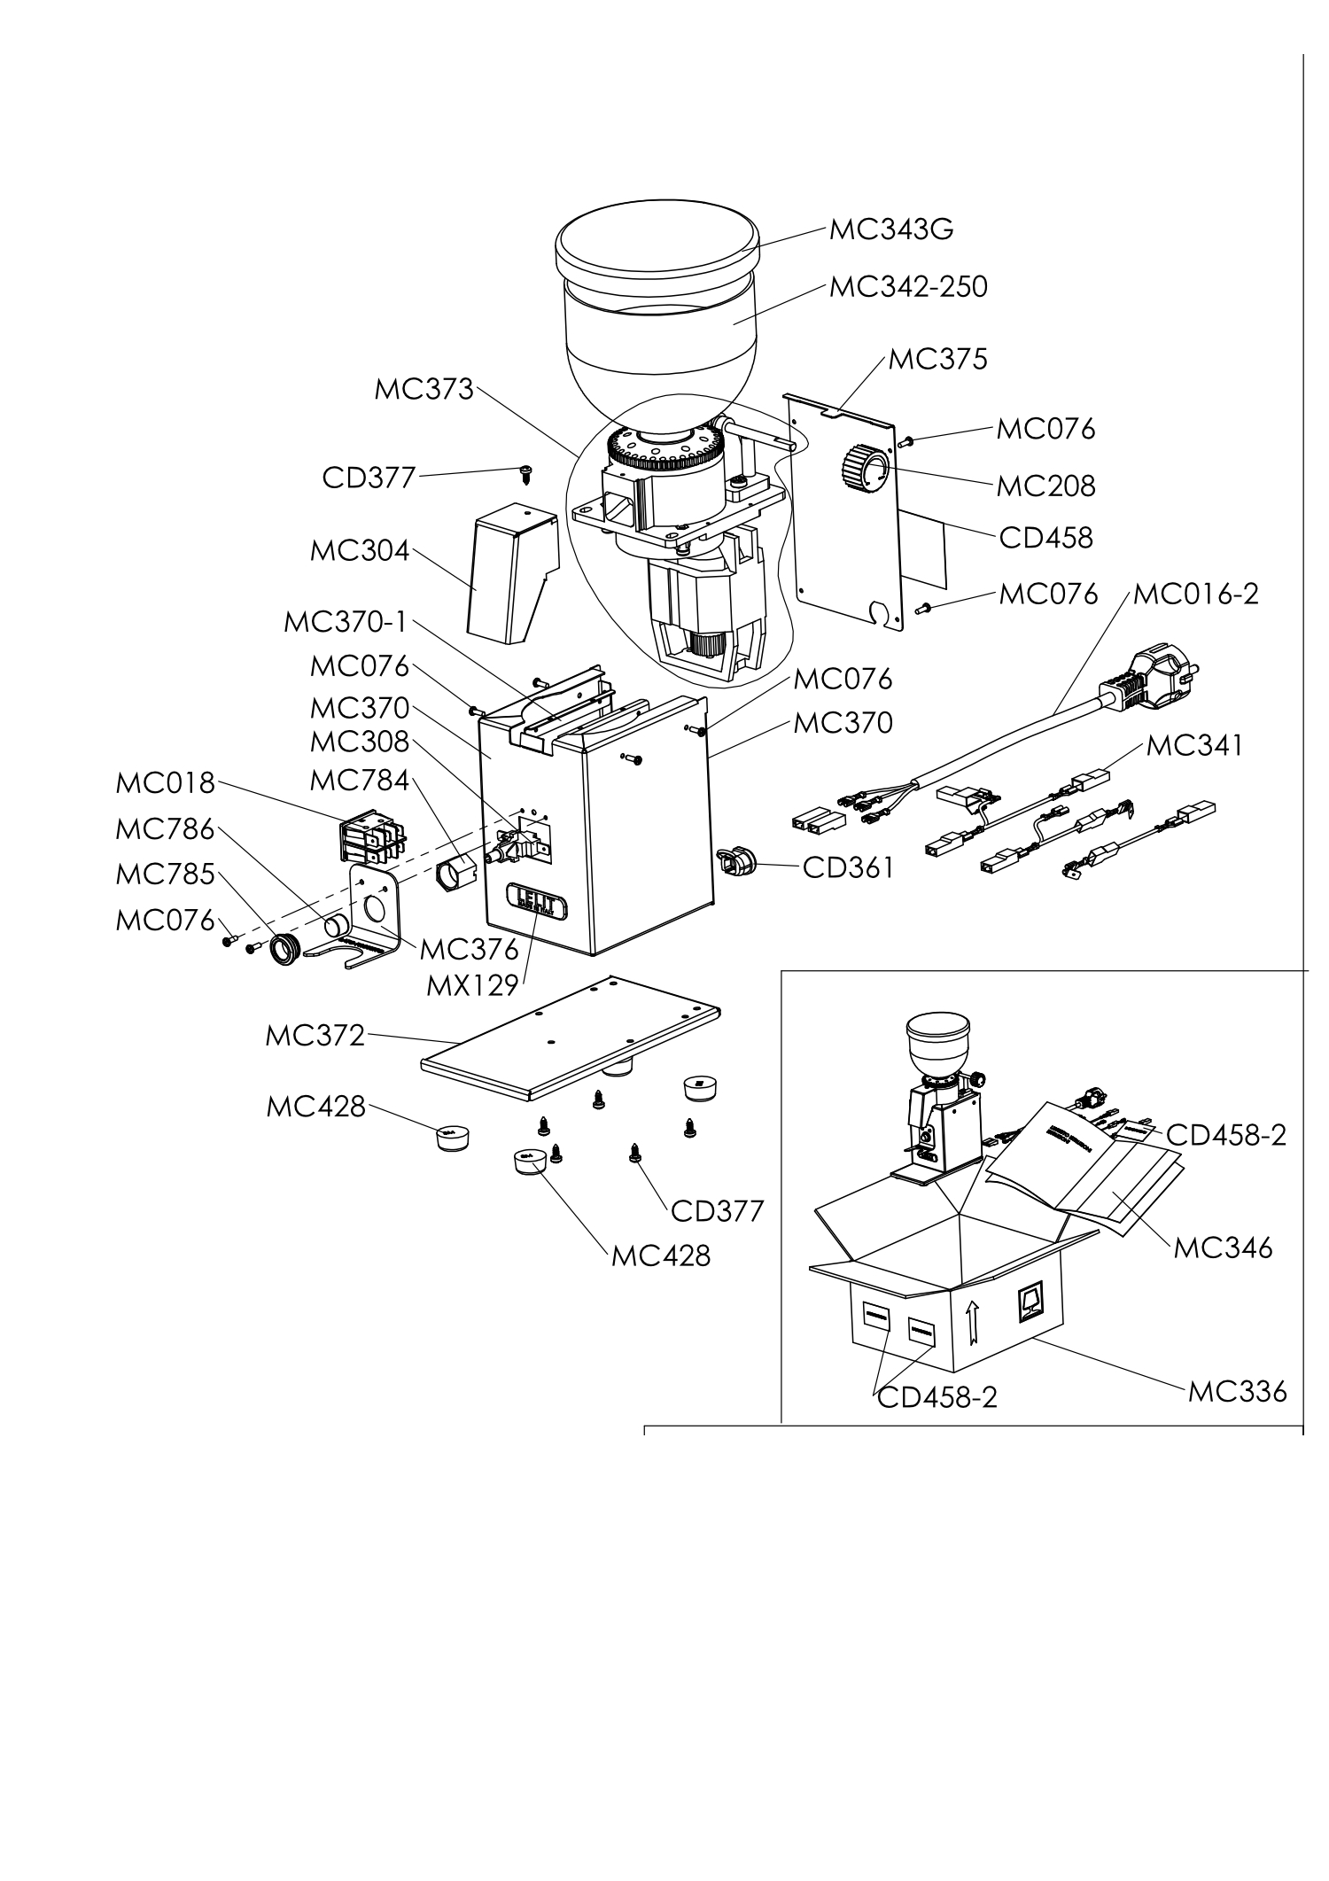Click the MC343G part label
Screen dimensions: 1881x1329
(890, 229)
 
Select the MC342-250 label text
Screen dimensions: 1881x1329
(907, 287)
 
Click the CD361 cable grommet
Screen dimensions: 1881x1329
(733, 860)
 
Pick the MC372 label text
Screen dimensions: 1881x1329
(315, 1035)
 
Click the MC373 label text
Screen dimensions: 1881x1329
(424, 389)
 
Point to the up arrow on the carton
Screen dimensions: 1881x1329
(973, 1325)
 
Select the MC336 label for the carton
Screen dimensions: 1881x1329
(1237, 1391)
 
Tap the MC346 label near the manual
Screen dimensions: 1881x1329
(1223, 1248)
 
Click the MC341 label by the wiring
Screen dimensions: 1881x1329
(1194, 745)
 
